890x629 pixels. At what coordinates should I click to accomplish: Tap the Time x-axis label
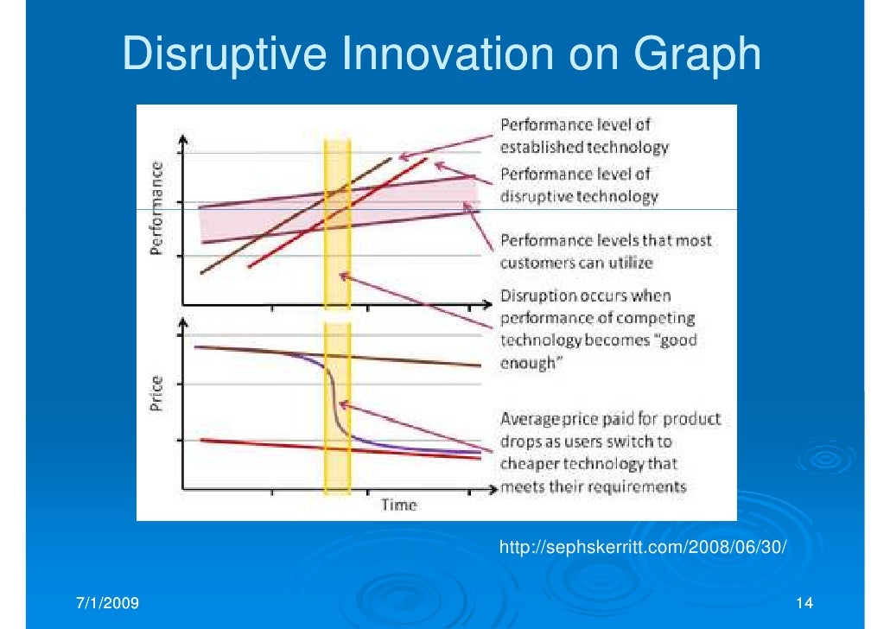[x=399, y=505]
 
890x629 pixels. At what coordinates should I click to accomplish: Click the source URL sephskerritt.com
[x=644, y=548]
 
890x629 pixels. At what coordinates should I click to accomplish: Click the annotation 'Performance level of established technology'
[x=584, y=136]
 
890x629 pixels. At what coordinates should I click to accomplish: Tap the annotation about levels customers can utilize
[x=606, y=251]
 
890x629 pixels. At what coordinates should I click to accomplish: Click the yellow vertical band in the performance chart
[x=337, y=259]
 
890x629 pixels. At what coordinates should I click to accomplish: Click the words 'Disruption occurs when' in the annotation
[x=585, y=296]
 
